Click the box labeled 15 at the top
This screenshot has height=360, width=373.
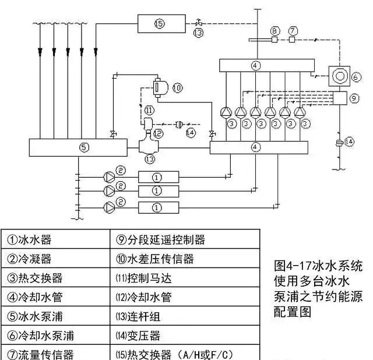pos(161,24)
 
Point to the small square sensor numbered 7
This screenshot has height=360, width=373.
pos(293,40)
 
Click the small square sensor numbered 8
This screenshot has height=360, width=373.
pos(274,40)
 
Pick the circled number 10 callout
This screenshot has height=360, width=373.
pos(177,87)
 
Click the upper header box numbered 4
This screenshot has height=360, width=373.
pos(258,64)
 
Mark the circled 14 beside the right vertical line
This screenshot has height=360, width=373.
pos(350,142)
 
